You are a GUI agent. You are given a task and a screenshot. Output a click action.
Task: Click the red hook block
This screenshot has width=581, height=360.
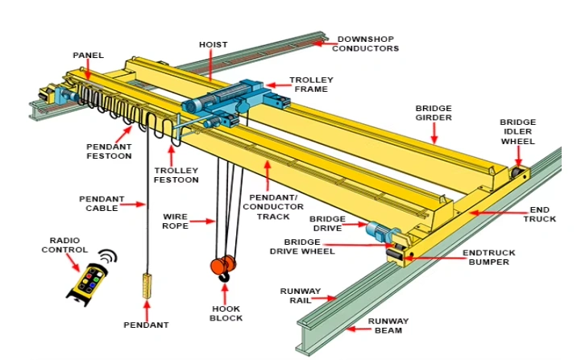point(223,266)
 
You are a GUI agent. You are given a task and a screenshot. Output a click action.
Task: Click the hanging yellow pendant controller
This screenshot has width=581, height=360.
point(147,286)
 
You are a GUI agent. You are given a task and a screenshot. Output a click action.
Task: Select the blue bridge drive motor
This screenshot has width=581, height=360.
point(377,231)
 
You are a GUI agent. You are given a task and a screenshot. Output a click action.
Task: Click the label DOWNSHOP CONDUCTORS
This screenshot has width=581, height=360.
point(367,43)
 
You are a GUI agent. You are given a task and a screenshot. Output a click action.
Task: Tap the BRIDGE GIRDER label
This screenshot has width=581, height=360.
point(434,113)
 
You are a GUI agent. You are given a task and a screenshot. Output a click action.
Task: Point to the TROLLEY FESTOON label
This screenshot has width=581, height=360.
point(176,175)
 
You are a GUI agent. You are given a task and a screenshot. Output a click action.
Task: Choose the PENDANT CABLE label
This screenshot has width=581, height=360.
point(98,203)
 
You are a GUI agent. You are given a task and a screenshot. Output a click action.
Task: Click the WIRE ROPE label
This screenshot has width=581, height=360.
point(176,221)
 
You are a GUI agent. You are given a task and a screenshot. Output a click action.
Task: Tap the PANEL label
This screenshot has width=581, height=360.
point(88,56)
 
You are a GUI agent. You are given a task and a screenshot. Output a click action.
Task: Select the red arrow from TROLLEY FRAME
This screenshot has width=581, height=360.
point(277,83)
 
